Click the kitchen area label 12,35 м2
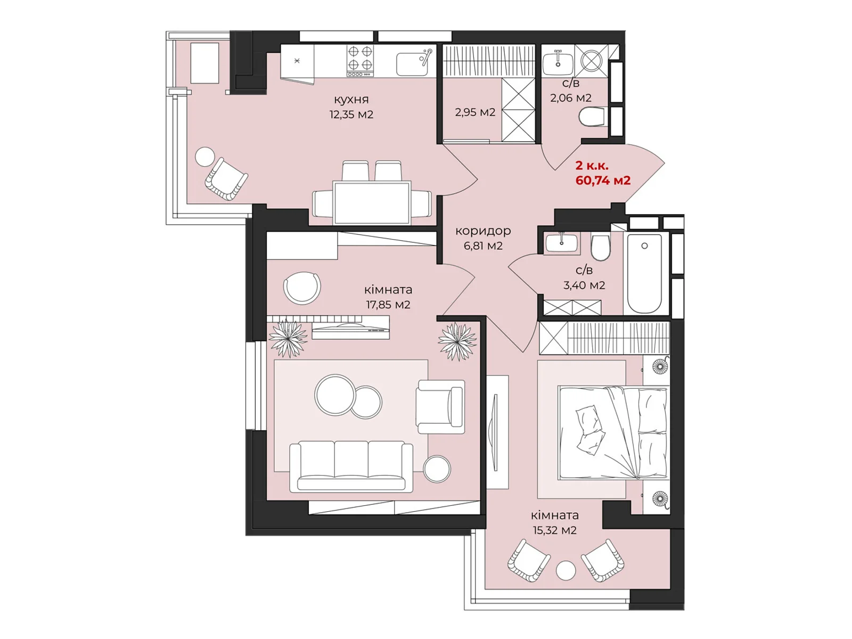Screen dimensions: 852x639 pos(351,114)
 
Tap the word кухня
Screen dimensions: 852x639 pos(351,100)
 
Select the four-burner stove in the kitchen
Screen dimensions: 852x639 pos(360,61)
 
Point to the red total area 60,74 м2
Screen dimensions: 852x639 pos(603,181)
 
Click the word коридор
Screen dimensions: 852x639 pos(483,232)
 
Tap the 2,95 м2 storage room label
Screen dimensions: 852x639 pos(474,112)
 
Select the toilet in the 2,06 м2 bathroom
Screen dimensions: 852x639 pos(593,117)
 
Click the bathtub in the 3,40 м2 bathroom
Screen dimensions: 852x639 pos(644,273)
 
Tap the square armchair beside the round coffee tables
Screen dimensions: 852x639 pos(440,407)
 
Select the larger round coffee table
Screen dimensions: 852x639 pos(335,394)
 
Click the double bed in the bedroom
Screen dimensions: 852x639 pos(613,432)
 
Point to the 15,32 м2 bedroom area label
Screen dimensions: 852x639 pos(554,530)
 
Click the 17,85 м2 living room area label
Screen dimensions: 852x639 pos(388,305)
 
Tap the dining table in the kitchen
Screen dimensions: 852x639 pos(372,203)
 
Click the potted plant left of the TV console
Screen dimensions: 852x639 pos(288,338)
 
